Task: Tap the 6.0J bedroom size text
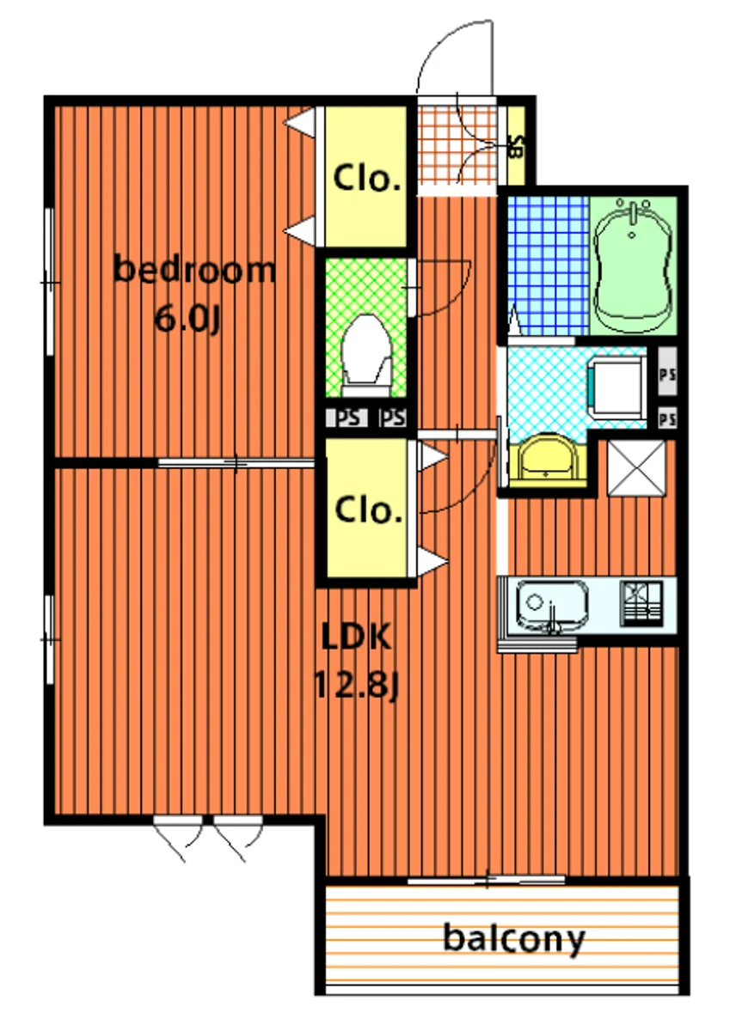[x=188, y=319]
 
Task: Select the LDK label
[x=356, y=637]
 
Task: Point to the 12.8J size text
[x=355, y=685]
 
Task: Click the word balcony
[x=513, y=939]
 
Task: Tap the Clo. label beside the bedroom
[x=366, y=179]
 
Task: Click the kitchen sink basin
[x=552, y=604]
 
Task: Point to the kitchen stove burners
[x=641, y=603]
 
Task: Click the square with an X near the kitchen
[x=636, y=468]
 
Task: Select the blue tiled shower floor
[x=548, y=265]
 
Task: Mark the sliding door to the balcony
[x=487, y=881]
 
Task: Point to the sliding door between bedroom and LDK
[x=236, y=463]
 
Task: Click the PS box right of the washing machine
[x=667, y=375]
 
